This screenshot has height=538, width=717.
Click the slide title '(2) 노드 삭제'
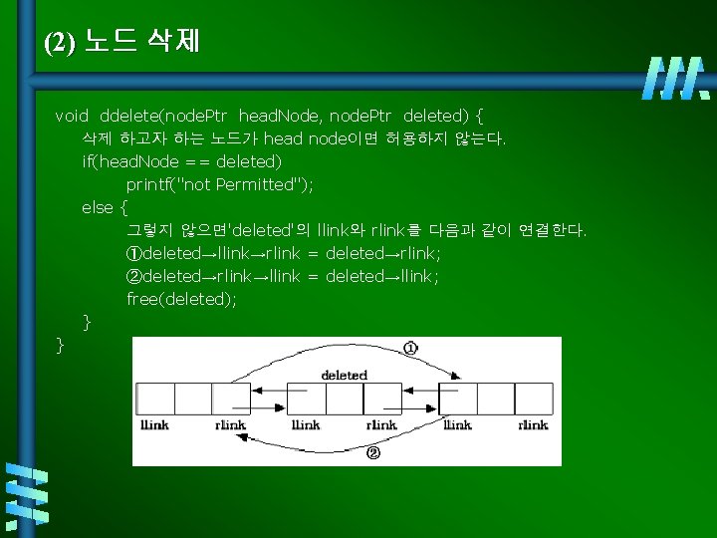122,42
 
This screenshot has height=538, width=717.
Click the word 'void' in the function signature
72,116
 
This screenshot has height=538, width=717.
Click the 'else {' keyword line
105,207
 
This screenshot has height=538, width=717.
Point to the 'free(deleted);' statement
182,299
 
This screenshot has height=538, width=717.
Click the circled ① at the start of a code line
134,253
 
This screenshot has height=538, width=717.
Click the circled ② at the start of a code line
134,276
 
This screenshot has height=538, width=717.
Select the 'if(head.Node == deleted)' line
181,161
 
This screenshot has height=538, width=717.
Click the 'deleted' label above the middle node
344,376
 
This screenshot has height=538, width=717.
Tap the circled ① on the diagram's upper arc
410,348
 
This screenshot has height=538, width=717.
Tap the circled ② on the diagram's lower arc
373,453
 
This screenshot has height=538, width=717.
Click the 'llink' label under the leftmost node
155,425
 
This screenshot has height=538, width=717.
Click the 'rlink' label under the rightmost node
533,425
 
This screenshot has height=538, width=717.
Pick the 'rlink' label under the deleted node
381,425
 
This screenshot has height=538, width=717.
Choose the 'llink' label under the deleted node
306,425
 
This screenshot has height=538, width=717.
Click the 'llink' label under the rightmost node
457,425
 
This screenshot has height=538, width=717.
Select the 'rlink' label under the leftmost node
230,425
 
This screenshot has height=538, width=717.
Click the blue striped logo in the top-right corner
677,78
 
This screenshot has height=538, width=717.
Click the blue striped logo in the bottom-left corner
29,494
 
